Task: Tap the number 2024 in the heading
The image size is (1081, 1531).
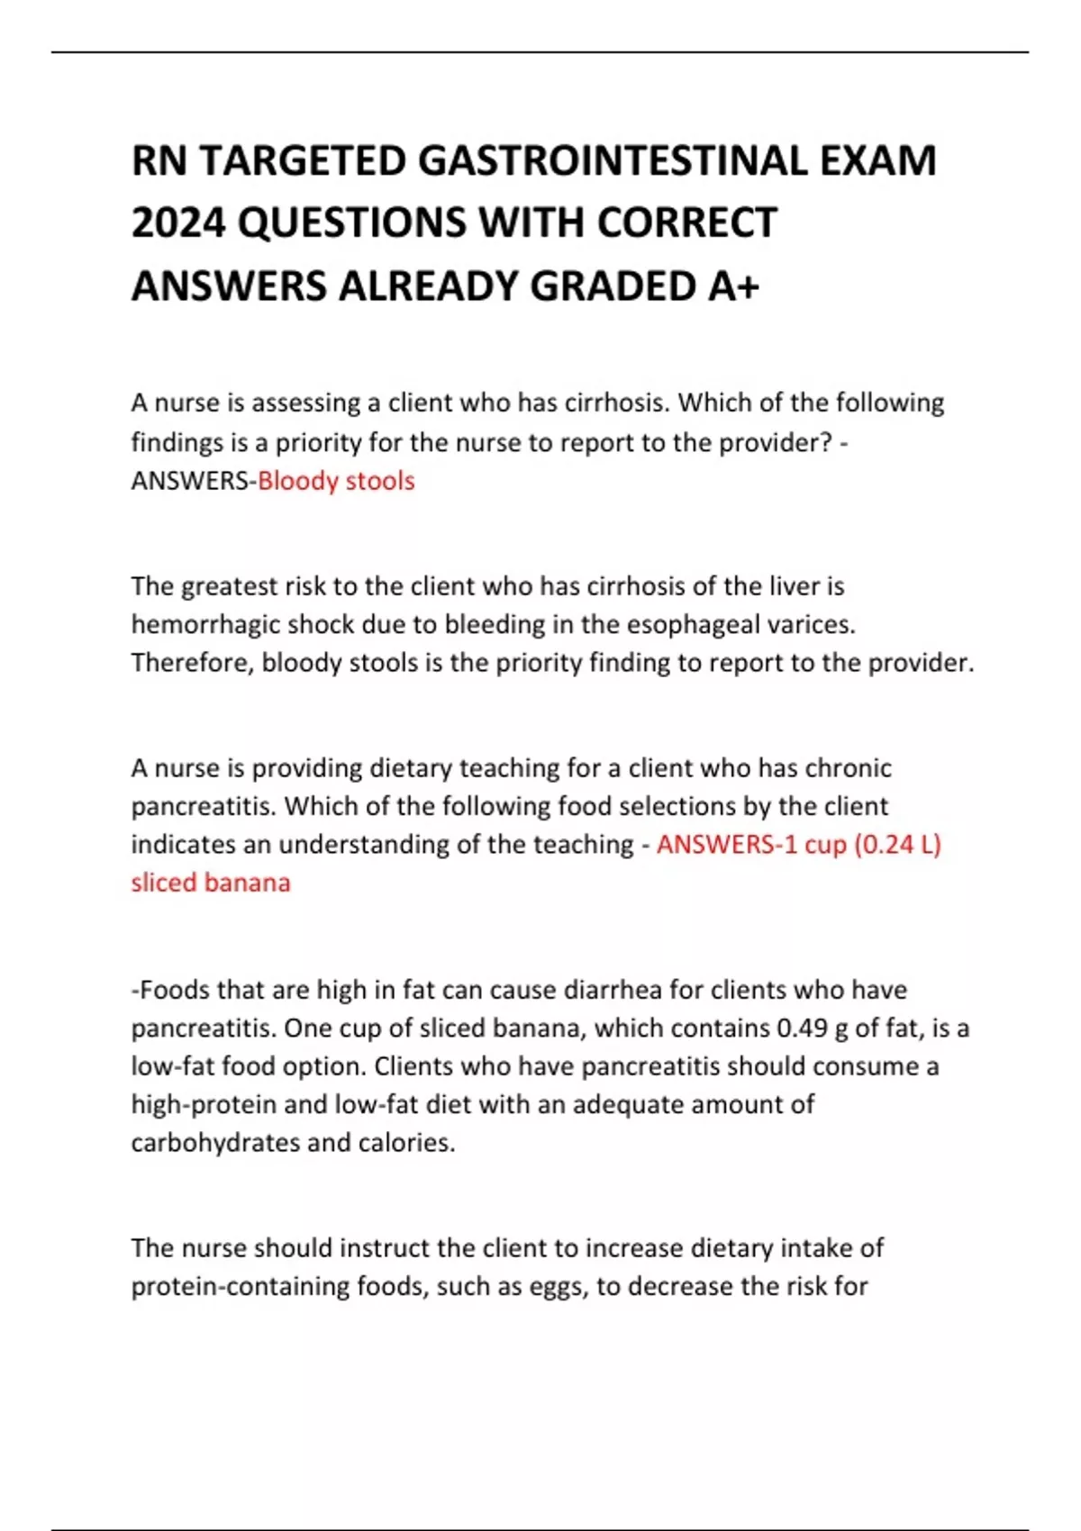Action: click(x=177, y=223)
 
